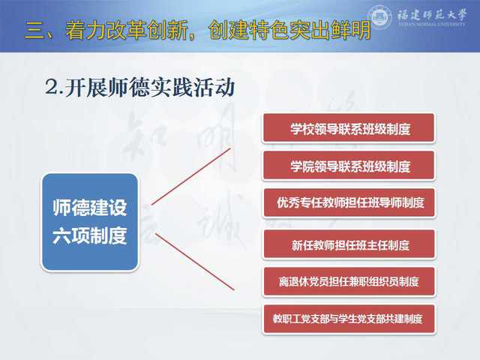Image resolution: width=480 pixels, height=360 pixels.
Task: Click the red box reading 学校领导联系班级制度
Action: (x=349, y=127)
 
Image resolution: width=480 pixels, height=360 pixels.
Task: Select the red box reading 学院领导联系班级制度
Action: (x=349, y=165)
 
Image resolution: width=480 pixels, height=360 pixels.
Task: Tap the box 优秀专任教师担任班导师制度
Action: (x=349, y=202)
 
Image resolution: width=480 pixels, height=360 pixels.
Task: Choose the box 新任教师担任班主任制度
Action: (x=349, y=244)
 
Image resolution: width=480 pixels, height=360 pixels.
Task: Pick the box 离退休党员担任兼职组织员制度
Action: (x=349, y=281)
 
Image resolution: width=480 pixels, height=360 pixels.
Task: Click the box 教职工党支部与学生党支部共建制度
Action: (x=349, y=319)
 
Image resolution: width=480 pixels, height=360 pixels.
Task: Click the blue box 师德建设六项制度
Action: (x=90, y=222)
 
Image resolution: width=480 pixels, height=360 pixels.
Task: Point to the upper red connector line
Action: (x=190, y=176)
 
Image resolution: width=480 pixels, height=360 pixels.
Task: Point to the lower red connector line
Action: (x=195, y=262)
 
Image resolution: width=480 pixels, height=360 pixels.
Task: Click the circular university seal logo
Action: (x=380, y=16)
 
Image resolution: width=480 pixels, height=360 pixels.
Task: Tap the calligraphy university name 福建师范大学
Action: (x=432, y=14)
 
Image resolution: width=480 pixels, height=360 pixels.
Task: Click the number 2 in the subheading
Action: (x=52, y=87)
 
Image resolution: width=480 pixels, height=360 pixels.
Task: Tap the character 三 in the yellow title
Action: (x=34, y=31)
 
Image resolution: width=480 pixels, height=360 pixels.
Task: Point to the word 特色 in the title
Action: (x=268, y=30)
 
